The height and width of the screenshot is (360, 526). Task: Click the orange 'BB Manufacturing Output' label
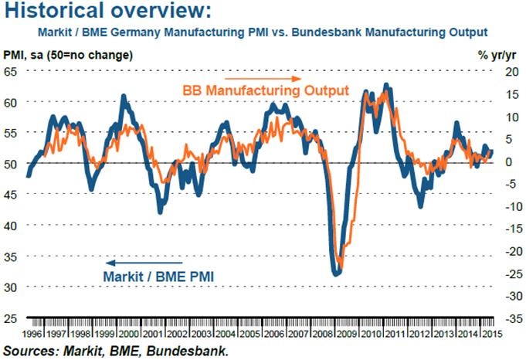tap(266, 90)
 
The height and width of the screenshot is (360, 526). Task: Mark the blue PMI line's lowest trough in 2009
tap(335, 273)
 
